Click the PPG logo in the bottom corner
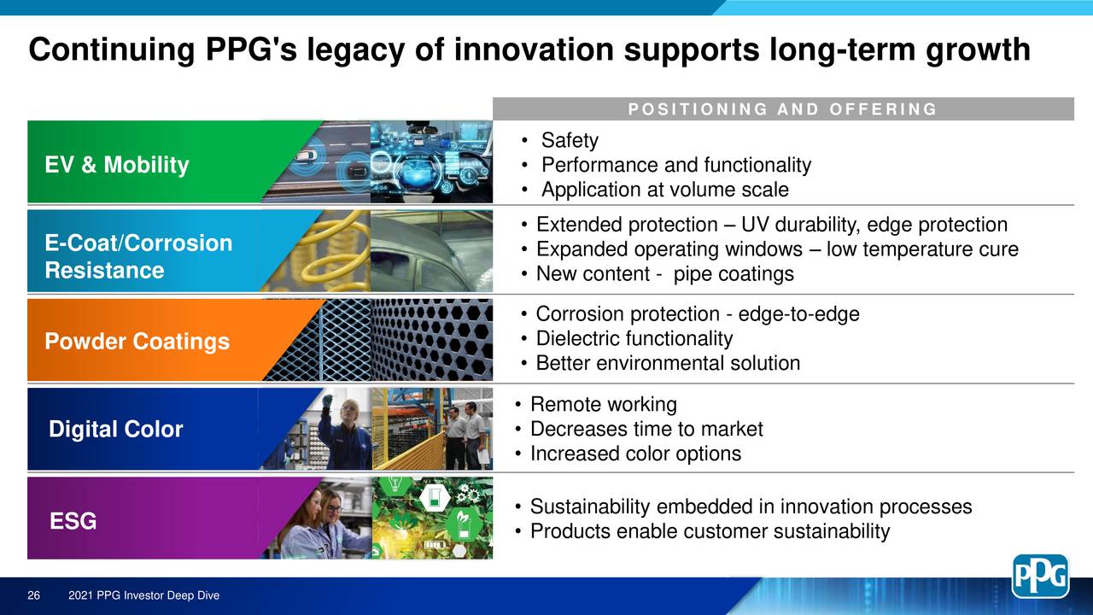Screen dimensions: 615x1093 click(x=1040, y=576)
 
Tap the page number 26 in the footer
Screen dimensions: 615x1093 click(x=35, y=595)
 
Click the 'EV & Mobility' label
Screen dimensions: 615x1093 click(x=117, y=165)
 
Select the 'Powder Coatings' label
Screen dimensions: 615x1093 click(x=137, y=342)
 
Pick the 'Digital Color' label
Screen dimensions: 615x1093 click(x=115, y=430)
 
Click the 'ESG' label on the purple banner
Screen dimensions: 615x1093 click(x=73, y=520)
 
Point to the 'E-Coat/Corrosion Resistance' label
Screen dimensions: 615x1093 click(x=138, y=257)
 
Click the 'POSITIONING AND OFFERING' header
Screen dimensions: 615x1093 click(x=782, y=109)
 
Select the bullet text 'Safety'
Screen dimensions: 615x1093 click(x=570, y=140)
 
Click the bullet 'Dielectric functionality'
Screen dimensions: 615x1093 click(x=634, y=339)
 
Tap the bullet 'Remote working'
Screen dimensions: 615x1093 click(x=603, y=404)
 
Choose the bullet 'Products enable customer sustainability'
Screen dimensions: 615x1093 click(x=710, y=531)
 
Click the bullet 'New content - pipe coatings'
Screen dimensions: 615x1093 click(x=664, y=274)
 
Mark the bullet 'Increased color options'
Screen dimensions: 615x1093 click(x=635, y=454)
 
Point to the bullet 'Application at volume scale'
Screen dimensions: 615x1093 click(x=664, y=190)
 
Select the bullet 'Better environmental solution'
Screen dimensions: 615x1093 click(x=668, y=364)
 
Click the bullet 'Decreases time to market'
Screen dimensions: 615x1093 click(x=646, y=429)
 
